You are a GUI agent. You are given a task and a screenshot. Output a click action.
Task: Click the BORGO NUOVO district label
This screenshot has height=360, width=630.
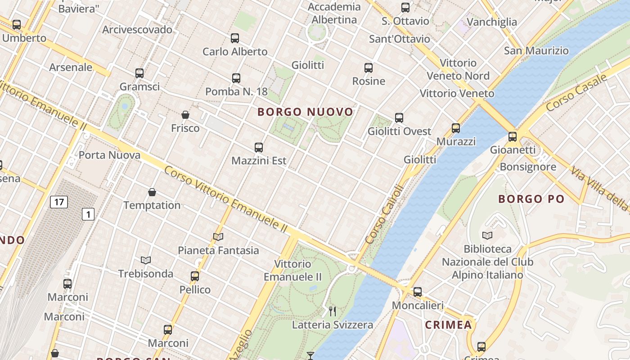click(x=305, y=112)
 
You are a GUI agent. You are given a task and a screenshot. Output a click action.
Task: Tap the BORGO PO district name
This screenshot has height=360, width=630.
click(x=531, y=199)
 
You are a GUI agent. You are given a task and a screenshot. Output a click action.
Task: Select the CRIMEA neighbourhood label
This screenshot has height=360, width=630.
click(x=448, y=325)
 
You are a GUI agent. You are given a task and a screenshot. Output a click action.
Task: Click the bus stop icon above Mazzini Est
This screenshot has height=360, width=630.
click(x=259, y=148)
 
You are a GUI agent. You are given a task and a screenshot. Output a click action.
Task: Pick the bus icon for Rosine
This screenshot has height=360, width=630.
click(x=369, y=68)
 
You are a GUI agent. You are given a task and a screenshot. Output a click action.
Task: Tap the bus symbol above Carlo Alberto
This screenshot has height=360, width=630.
click(x=235, y=38)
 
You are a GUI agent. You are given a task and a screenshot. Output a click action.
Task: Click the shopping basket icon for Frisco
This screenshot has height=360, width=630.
click(x=185, y=115)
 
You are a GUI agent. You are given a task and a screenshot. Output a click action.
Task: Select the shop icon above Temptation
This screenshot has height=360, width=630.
click(x=152, y=193)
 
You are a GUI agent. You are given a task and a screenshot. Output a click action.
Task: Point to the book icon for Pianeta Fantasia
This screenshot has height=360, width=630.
click(x=218, y=237)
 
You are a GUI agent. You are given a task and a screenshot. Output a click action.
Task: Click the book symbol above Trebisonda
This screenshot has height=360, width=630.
click(x=145, y=260)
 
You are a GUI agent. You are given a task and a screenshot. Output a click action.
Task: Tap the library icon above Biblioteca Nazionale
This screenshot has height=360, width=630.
click(x=487, y=235)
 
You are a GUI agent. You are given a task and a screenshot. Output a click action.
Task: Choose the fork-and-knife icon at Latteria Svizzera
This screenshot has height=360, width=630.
click(x=333, y=311)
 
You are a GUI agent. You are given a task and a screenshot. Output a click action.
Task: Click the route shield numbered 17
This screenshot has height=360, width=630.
click(x=59, y=202)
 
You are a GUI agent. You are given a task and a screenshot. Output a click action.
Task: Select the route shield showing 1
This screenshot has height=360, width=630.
click(x=88, y=214)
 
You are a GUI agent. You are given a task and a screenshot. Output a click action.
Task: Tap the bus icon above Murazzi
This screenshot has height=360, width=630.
click(x=456, y=128)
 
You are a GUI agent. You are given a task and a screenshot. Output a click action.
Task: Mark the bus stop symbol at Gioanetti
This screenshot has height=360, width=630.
click(x=513, y=137)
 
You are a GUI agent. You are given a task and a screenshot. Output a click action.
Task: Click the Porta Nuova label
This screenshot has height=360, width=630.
click(x=109, y=155)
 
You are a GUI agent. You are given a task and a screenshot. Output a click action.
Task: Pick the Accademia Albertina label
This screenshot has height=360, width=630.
click(x=334, y=13)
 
